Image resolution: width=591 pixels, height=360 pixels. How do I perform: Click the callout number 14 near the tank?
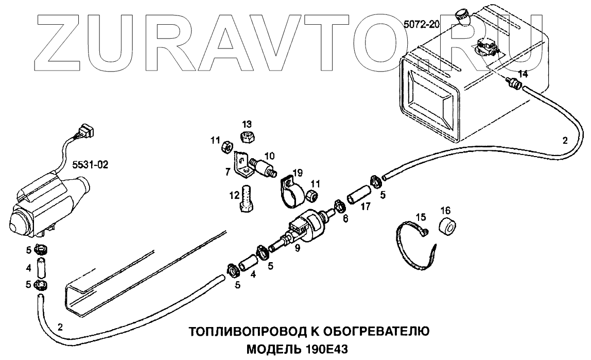pyautogui.click(x=523, y=74)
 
